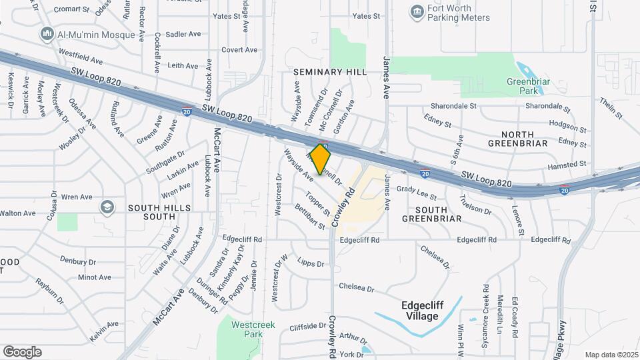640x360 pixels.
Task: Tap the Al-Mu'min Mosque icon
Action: [x=47, y=33]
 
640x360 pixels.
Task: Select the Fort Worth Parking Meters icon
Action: [x=417, y=11]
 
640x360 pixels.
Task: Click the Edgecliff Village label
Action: [x=430, y=311]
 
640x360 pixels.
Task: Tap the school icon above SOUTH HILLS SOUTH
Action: [x=107, y=207]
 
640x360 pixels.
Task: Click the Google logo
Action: [x=22, y=352]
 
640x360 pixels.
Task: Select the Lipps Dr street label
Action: [x=311, y=262]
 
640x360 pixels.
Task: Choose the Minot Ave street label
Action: [x=95, y=277]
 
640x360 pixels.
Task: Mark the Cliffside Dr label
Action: [x=307, y=327]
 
